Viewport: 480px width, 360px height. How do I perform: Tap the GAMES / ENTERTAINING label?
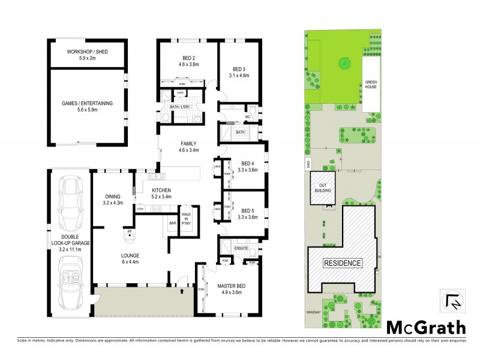click(87, 103)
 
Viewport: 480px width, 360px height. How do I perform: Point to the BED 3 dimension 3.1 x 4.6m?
click(240, 76)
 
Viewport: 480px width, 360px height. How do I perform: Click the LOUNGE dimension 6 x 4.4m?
click(130, 262)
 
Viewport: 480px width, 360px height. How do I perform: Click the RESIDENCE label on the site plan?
click(343, 263)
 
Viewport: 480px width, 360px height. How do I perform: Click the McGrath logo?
click(425, 327)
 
